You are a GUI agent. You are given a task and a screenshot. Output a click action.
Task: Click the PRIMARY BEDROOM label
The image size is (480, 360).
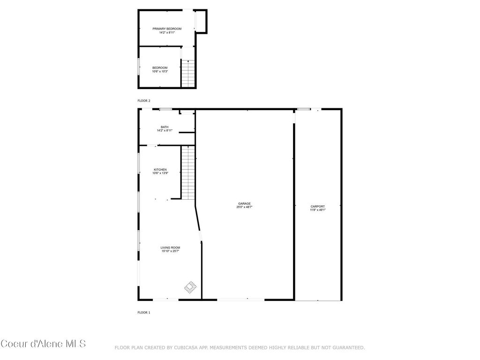(167, 29)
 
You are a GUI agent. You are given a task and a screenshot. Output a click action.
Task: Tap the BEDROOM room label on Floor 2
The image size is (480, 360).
(160, 67)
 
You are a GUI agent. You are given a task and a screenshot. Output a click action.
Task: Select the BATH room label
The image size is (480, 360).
(165, 127)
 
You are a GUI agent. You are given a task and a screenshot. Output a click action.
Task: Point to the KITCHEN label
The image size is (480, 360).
(160, 170)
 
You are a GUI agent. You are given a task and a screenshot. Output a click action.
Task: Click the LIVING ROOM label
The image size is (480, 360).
(170, 247)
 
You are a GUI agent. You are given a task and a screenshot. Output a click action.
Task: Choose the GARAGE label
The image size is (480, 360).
(244, 203)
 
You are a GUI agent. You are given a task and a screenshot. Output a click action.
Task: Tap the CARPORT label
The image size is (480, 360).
(317, 206)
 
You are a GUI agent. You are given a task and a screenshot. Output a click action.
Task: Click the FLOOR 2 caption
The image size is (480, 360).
(144, 101)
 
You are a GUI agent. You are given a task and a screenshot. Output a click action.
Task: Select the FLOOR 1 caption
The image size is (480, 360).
(144, 312)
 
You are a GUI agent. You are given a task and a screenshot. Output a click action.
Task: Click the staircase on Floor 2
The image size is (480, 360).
(188, 73)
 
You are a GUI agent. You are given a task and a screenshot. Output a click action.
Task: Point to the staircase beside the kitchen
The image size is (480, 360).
(188, 172)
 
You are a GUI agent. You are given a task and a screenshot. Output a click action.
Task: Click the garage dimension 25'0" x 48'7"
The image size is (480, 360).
(244, 207)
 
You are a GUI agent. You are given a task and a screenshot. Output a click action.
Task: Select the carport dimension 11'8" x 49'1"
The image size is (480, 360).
(317, 210)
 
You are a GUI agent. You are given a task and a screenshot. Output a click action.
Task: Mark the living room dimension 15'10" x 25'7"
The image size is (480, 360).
(170, 251)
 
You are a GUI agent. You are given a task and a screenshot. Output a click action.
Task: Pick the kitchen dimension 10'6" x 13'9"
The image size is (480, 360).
(160, 173)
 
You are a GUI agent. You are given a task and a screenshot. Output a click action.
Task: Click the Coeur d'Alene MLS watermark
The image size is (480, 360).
(43, 344)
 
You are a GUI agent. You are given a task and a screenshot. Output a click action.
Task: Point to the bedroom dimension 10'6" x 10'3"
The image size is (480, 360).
(160, 71)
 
